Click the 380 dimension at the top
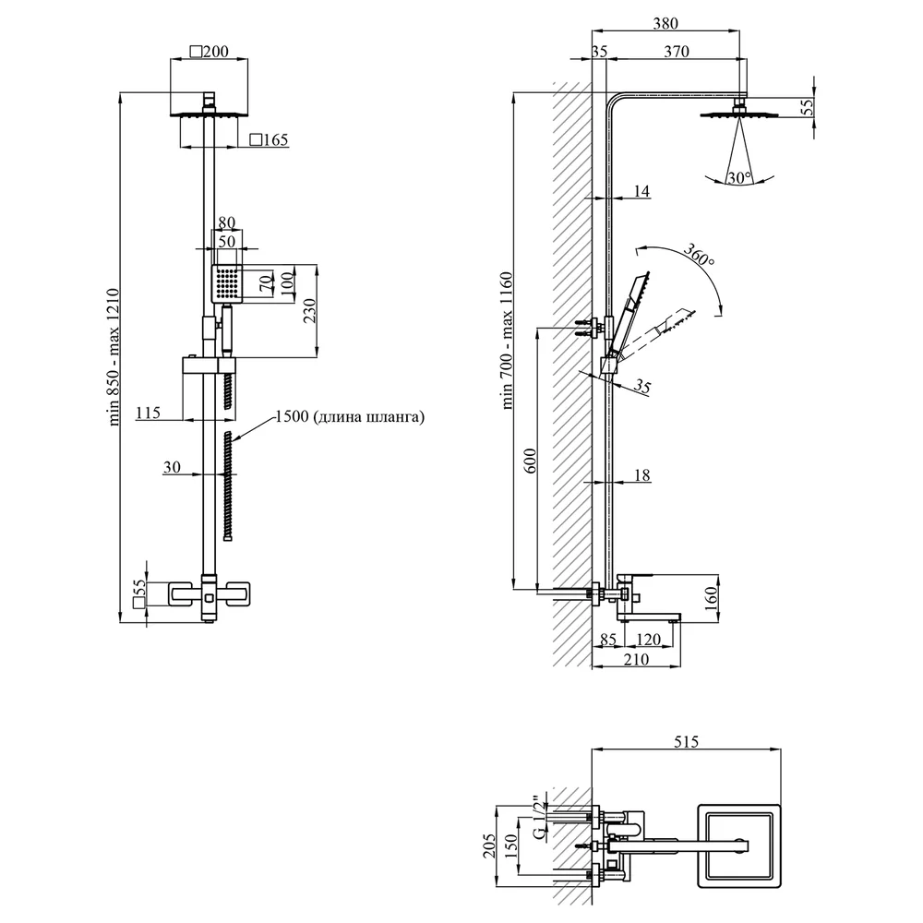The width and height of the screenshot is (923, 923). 665,24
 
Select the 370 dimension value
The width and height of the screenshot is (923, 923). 677,52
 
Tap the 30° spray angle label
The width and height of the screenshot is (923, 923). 738,177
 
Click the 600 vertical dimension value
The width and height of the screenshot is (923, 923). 530,461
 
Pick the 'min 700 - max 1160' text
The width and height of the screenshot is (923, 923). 507,341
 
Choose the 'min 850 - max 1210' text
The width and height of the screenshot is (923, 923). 114,356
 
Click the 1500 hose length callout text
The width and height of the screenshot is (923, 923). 350,417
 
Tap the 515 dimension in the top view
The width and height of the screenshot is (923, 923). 686,742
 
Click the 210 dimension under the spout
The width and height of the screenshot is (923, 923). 636,659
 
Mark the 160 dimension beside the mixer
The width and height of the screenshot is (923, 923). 711,598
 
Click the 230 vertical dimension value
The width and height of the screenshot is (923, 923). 309,311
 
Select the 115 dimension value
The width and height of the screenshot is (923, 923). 148,413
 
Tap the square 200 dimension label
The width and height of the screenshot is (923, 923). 209,52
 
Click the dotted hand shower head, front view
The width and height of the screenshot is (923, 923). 227,283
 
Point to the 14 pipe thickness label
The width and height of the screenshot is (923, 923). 641,191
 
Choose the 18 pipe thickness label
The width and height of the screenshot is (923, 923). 642,475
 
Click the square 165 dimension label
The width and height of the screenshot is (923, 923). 269,140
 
